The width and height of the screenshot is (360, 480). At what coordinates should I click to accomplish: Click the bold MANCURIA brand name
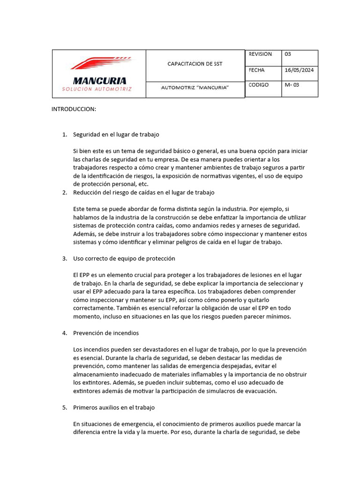click(x=99, y=81)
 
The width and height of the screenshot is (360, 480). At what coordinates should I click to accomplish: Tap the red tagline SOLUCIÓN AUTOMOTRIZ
click(x=97, y=89)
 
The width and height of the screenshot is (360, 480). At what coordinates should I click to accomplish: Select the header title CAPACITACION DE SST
click(x=195, y=64)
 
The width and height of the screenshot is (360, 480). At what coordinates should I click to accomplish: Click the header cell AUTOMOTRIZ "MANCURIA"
click(x=195, y=88)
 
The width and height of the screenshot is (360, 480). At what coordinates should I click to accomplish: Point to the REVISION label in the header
click(x=260, y=54)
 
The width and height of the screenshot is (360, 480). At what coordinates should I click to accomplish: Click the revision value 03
click(x=288, y=54)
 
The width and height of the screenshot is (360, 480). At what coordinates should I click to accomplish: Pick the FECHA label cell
click(x=256, y=70)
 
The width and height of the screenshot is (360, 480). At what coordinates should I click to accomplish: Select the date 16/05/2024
click(x=299, y=70)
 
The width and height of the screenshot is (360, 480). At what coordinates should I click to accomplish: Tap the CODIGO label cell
click(x=259, y=85)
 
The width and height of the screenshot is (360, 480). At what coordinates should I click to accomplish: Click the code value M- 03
click(x=292, y=85)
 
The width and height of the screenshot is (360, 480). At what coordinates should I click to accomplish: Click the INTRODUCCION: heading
click(x=74, y=109)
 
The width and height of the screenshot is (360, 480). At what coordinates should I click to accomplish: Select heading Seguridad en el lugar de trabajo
click(x=116, y=134)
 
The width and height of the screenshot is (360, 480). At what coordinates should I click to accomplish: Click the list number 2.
click(x=64, y=193)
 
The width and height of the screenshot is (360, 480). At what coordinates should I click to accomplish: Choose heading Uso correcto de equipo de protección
click(x=124, y=258)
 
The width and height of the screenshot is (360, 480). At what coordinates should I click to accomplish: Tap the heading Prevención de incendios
click(x=105, y=333)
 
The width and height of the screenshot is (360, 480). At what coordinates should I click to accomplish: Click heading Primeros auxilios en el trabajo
click(x=113, y=407)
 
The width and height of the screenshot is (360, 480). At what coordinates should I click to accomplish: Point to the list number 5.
click(x=64, y=407)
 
